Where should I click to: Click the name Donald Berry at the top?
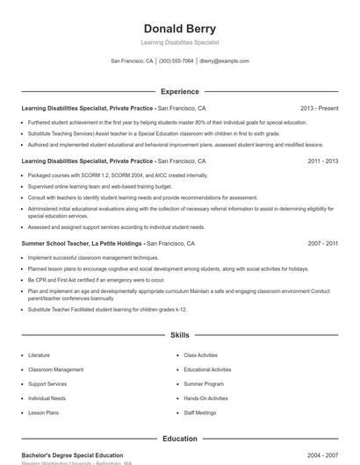pos(179,28)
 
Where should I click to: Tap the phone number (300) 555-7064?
pos(176,61)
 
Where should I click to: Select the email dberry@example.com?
pos(224,61)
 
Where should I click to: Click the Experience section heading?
pos(180,91)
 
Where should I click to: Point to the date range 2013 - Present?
pos(319,108)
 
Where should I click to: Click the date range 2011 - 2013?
pos(323,161)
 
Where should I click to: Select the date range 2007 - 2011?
pos(323,243)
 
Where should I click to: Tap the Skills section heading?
pos(180,335)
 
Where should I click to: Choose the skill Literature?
pos(39,355)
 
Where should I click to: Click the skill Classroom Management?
pos(55,369)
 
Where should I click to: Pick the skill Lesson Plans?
pos(43,411)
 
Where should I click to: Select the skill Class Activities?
pos(200,355)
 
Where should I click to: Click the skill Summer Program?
pos(204,383)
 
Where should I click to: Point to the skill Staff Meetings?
pos(199,411)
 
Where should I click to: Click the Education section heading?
pos(180,439)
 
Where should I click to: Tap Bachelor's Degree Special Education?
pos(72,455)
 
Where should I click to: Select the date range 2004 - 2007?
pos(323,455)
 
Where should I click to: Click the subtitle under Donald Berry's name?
pos(179,42)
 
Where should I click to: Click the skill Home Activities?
pos(205,397)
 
